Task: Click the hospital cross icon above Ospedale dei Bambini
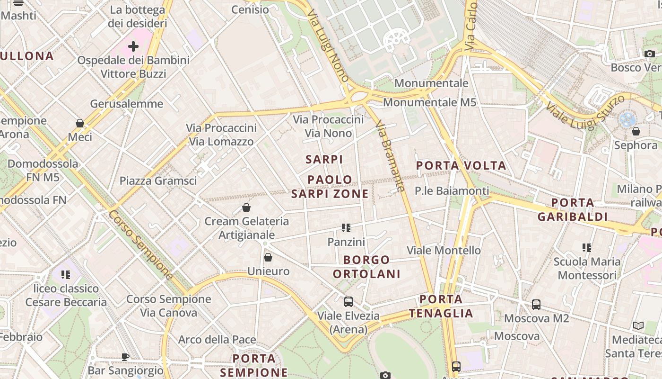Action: (x=133, y=46)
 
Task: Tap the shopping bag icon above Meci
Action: (x=80, y=124)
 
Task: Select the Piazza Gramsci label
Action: (x=158, y=180)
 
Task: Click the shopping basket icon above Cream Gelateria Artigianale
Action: (x=246, y=208)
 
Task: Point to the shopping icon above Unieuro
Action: (x=268, y=257)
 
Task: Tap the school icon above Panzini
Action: (x=346, y=228)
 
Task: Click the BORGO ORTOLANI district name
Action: (x=366, y=267)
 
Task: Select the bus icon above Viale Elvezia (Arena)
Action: (x=348, y=301)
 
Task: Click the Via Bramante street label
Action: (x=390, y=156)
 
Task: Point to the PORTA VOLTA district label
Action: (x=461, y=166)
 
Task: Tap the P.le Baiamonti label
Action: (x=452, y=191)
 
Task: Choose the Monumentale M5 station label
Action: (x=429, y=102)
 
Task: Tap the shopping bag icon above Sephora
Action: (x=636, y=131)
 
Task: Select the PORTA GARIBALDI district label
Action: (x=572, y=210)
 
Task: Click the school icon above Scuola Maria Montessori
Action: (x=587, y=248)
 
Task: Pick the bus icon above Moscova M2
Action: (x=536, y=305)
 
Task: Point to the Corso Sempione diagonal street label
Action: (x=141, y=245)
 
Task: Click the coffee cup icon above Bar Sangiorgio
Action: (x=125, y=357)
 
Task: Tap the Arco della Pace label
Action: (x=217, y=340)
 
